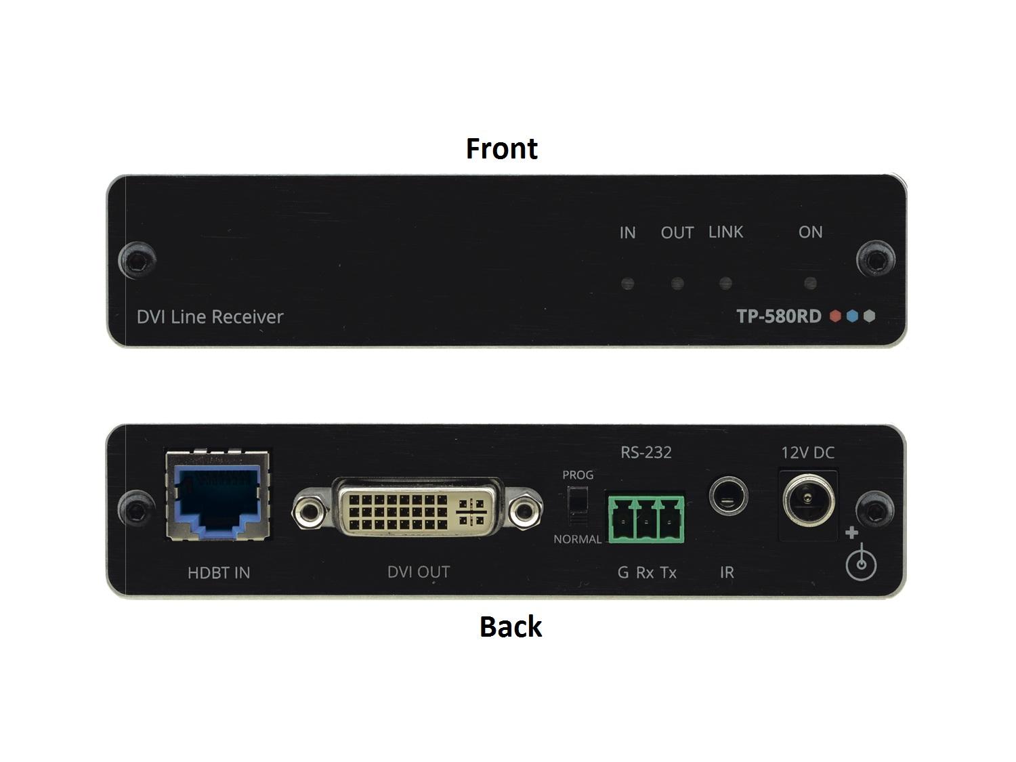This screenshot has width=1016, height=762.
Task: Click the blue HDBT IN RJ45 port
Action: tap(217, 496)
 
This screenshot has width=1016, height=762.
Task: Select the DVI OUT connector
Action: tap(417, 509)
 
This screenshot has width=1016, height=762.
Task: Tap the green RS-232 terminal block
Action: tap(646, 519)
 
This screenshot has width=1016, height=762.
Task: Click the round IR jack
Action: tap(728, 496)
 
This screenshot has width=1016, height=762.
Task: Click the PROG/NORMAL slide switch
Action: tap(578, 506)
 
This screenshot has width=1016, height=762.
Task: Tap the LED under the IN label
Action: tap(627, 283)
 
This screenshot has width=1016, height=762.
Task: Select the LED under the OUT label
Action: tap(677, 283)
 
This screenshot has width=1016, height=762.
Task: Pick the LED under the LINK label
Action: tap(725, 283)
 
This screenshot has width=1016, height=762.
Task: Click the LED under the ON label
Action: tap(810, 283)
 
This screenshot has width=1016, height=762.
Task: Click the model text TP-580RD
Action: tap(778, 316)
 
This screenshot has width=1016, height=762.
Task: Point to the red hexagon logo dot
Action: tap(835, 316)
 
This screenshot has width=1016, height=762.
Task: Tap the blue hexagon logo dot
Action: tap(852, 316)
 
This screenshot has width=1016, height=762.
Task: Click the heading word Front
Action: tap(501, 148)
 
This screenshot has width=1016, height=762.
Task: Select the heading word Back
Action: tap(511, 627)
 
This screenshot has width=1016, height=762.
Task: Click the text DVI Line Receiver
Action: tap(210, 317)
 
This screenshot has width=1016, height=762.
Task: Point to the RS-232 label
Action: tap(645, 452)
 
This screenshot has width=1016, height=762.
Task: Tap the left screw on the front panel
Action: tap(137, 260)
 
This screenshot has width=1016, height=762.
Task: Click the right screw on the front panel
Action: tap(875, 260)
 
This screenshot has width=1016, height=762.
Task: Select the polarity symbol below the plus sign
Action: tap(861, 563)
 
